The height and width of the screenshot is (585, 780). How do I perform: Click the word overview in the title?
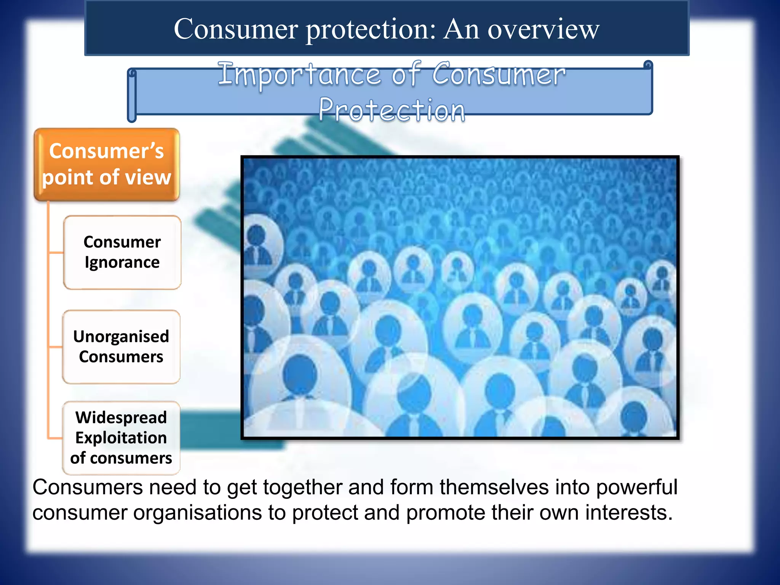(543, 29)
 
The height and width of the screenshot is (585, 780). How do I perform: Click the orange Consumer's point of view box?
(107, 165)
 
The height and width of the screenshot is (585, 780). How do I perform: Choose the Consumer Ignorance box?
(122, 252)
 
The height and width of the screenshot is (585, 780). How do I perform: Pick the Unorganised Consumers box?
(121, 347)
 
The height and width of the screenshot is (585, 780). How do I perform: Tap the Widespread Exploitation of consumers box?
(121, 438)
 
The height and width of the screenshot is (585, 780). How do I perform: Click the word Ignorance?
(122, 263)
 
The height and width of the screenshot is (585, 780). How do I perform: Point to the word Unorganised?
(121, 337)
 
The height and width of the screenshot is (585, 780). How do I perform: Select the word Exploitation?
(121, 438)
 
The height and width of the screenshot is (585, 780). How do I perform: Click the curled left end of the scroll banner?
(132, 95)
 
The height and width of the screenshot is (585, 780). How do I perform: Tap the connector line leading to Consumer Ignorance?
(56, 252)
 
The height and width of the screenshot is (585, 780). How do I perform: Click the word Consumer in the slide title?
(236, 29)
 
